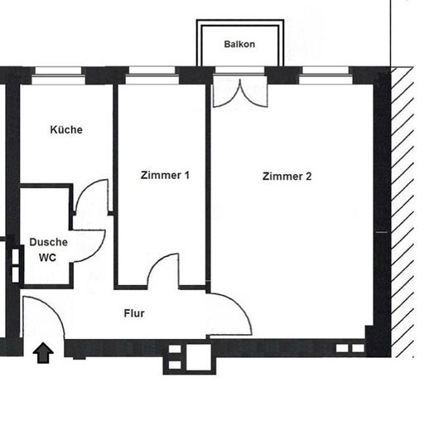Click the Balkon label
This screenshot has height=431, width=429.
(x=239, y=44)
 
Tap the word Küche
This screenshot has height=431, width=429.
(x=66, y=129)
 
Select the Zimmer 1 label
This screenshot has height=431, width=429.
(x=165, y=175)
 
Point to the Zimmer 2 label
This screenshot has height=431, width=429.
(x=287, y=177)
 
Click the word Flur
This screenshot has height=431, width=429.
(x=134, y=313)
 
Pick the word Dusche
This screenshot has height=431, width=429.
(x=49, y=242)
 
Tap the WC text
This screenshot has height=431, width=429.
(x=47, y=258)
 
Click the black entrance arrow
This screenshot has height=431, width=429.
(x=43, y=352)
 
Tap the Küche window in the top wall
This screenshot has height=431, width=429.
(x=58, y=75)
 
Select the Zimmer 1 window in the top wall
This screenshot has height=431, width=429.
(x=152, y=75)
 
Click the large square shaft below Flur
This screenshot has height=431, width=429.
(x=199, y=357)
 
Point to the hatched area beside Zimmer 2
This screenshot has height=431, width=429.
(x=402, y=212)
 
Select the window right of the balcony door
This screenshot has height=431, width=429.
(x=325, y=75)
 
